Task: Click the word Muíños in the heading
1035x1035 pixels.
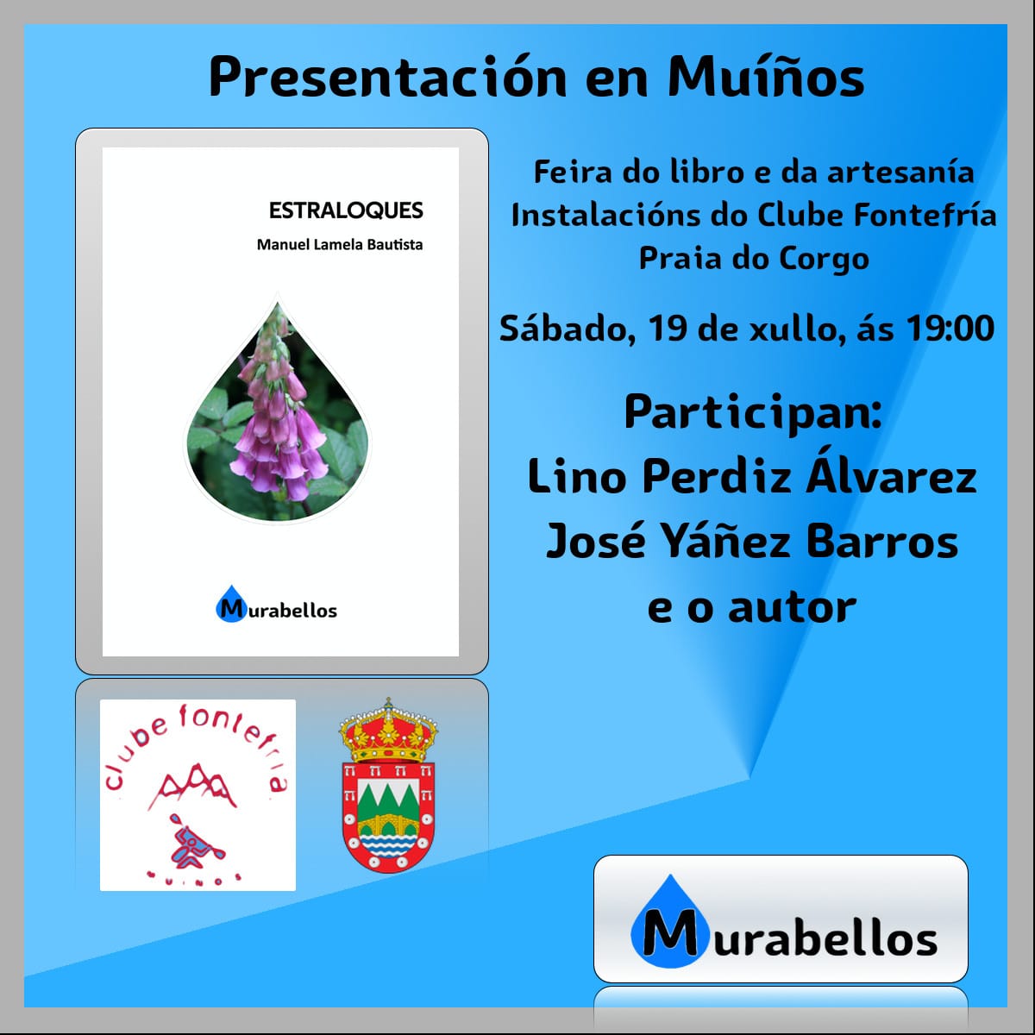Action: point(765,76)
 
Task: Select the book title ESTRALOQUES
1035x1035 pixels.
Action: point(346,210)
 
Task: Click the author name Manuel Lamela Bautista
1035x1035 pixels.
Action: point(340,245)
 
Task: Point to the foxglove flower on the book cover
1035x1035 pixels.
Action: point(279,408)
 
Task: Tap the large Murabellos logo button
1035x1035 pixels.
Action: point(780,919)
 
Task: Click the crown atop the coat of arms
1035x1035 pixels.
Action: point(388,730)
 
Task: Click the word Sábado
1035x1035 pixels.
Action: point(564,329)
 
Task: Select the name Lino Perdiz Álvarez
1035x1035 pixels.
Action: point(752,476)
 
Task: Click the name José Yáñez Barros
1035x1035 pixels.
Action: point(752,542)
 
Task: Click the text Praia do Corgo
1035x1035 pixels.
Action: point(754,259)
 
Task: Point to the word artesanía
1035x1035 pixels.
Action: point(900,173)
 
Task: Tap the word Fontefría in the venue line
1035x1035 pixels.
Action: point(925,216)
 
